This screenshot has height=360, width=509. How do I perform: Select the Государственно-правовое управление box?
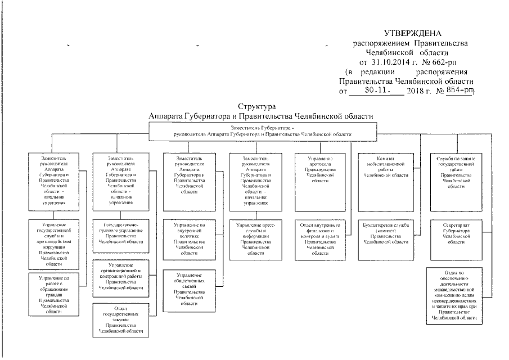120,233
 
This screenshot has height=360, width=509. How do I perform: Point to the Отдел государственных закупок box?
120,319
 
